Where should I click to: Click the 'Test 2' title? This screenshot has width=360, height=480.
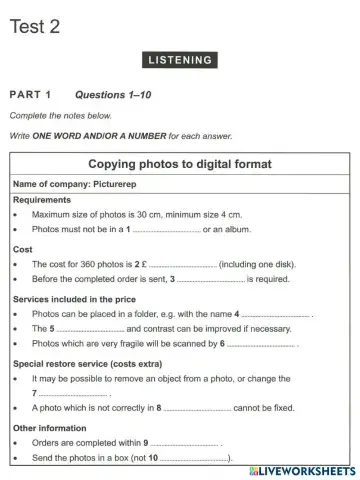[35, 27]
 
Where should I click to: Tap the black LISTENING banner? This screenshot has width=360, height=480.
[180, 60]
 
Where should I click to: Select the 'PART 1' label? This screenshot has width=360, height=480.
[31, 95]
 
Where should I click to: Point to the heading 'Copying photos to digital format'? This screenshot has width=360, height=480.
[180, 163]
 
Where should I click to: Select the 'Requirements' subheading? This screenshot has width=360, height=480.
[42, 200]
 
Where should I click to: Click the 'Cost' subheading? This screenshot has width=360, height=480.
[23, 248]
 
